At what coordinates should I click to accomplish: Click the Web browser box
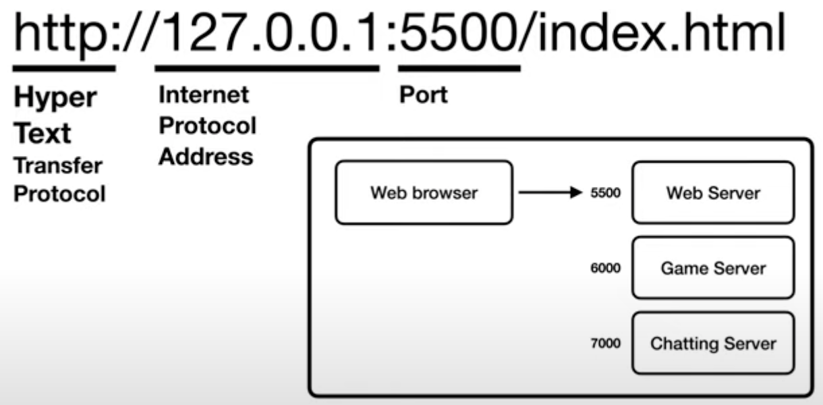(x=423, y=192)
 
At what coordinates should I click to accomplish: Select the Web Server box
(x=712, y=192)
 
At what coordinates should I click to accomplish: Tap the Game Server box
(x=712, y=268)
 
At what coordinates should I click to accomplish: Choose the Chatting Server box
(x=712, y=343)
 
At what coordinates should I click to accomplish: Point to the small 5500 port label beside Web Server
(x=605, y=193)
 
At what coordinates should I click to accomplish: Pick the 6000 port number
(x=605, y=268)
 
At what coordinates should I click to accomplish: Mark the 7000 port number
(x=605, y=343)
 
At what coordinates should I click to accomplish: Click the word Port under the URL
(x=422, y=94)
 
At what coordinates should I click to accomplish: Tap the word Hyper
(x=55, y=98)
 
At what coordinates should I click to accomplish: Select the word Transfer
(x=58, y=165)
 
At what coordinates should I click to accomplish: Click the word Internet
(x=203, y=94)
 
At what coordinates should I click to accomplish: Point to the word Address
(x=205, y=157)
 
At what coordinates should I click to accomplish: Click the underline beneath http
(x=63, y=67)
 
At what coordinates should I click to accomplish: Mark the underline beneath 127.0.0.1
(x=266, y=67)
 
